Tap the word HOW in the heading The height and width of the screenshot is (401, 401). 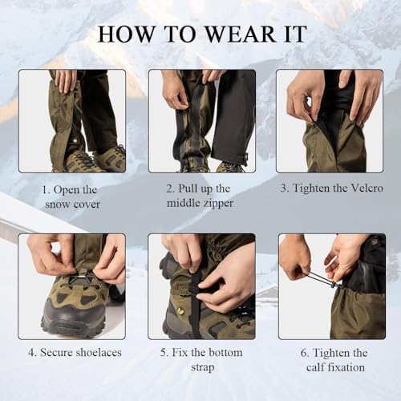(x=126, y=34)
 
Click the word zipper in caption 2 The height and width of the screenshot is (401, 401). (x=217, y=204)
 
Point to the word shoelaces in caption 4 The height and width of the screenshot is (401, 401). (x=99, y=352)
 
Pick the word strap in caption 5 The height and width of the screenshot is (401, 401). (x=202, y=367)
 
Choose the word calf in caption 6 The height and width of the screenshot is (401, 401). (x=315, y=367)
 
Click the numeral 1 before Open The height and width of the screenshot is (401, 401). (x=46, y=190)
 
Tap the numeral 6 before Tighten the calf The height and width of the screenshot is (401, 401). (x=304, y=353)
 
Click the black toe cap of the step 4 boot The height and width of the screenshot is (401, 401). (x=72, y=315)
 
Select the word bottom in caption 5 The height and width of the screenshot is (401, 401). (x=225, y=352)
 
